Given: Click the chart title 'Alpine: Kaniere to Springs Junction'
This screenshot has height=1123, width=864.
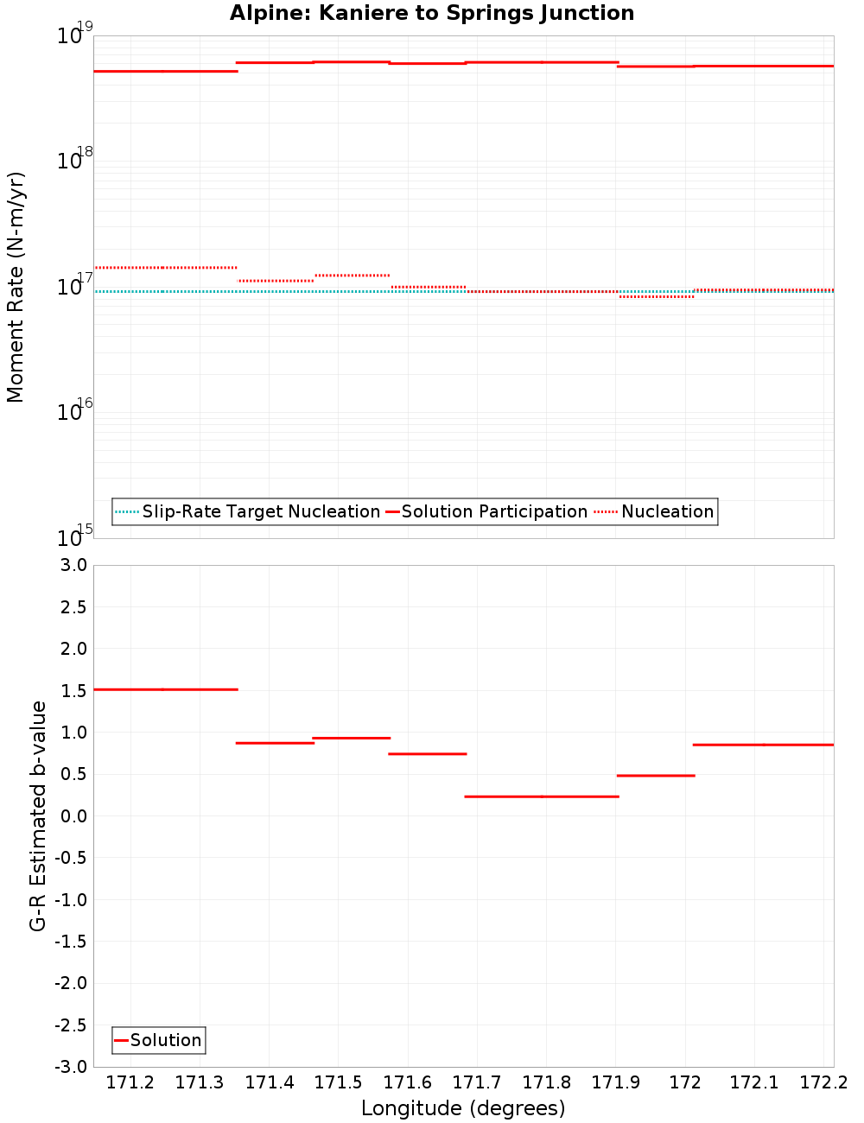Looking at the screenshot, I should click(432, 14).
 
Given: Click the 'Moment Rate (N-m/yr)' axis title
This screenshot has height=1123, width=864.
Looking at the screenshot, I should click(16, 287).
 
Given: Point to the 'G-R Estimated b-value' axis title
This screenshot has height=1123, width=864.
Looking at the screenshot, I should click(38, 815).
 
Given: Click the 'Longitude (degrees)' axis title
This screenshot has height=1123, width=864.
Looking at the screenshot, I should click(463, 1108).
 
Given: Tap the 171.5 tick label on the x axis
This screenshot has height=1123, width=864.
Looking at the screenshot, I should click(338, 1083).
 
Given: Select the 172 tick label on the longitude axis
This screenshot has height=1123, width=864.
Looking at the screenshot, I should click(685, 1083).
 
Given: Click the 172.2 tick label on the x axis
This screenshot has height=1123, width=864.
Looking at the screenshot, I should click(823, 1083).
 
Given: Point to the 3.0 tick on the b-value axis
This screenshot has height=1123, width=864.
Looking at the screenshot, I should click(71, 566).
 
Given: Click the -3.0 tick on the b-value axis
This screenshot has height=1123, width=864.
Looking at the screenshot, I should click(69, 1067).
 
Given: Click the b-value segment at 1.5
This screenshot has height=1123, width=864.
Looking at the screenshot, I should click(165, 689).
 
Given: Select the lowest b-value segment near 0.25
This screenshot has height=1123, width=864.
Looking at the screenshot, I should click(542, 796).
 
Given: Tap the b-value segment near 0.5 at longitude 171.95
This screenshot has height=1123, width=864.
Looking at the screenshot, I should click(656, 776).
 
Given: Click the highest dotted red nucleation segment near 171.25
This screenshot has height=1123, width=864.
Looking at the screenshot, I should click(165, 268).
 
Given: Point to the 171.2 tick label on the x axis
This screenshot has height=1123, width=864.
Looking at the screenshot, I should click(130, 1083).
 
